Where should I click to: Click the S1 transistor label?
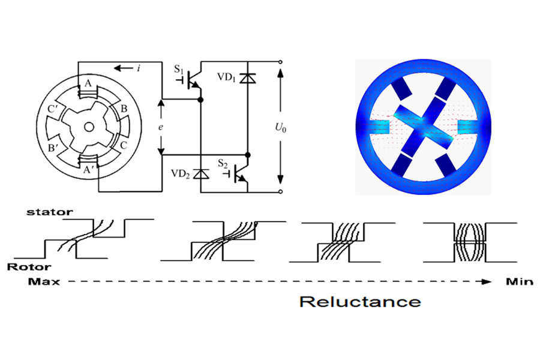coord(179,69)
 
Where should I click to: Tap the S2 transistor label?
coord(223,163)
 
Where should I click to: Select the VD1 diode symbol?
coord(248,79)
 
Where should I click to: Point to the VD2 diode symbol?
coord(201,174)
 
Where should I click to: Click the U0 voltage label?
coord(281,128)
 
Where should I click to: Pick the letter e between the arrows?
coord(160,127)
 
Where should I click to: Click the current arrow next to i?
coord(123,68)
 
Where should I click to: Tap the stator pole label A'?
coord(89,169)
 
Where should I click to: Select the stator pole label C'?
coord(53,109)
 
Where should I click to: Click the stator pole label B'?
coord(53,148)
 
